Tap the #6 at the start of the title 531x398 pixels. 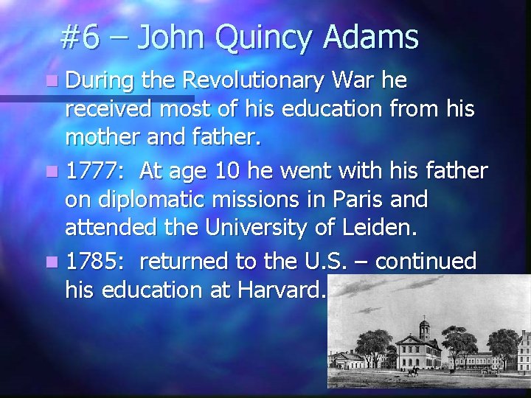coord(80,37)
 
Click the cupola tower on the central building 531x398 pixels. coord(425,327)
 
